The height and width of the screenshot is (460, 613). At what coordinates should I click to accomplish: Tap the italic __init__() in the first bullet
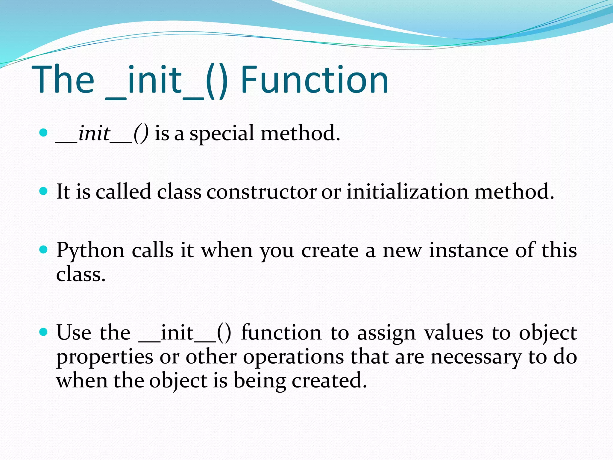coord(102,134)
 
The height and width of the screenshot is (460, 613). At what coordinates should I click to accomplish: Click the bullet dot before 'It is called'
coord(44,191)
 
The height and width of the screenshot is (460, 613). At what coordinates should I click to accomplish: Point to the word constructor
coord(261,192)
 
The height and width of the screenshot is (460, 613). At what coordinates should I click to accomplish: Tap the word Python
coord(90,250)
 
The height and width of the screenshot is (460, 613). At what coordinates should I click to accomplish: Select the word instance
coord(468,250)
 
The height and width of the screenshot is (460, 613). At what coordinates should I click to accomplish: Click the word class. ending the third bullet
coord(81,274)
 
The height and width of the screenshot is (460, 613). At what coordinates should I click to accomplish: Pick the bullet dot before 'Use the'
coord(44,332)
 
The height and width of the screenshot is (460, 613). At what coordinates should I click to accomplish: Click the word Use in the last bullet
coord(74,333)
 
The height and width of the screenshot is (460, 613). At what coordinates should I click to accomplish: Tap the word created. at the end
coord(329,381)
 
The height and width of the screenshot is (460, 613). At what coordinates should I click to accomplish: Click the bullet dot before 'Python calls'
coord(44,249)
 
